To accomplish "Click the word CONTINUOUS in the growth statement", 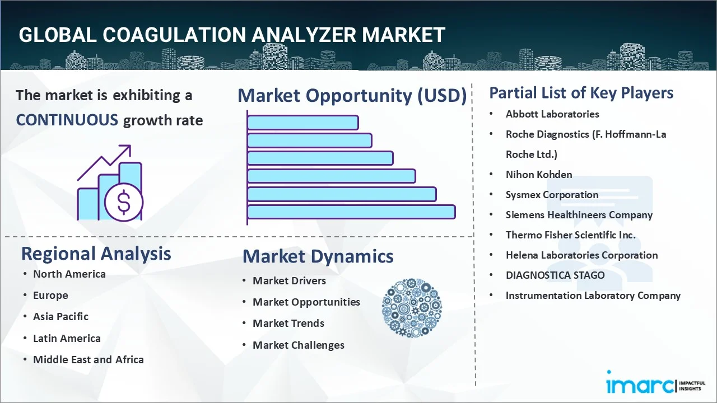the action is click(67, 120).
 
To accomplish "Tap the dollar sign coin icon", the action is click(124, 203).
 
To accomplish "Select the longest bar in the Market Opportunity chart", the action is click(351, 212).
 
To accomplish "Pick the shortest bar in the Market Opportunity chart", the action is click(303, 123).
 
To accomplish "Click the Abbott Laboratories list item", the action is click(552, 114).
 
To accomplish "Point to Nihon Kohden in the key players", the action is click(539, 175).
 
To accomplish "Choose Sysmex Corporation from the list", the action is click(552, 195).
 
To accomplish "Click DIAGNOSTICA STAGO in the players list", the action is click(555, 275).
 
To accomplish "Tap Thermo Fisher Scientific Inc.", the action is click(570, 235).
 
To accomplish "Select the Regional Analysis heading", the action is click(96, 254).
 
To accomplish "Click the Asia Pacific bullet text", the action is click(60, 317).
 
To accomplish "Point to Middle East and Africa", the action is click(89, 359).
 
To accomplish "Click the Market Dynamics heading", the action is click(318, 256).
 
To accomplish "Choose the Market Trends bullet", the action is click(288, 324).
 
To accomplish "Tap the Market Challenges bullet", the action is click(299, 345).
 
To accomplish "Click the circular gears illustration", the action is click(412, 308).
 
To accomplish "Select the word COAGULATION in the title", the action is click(174, 35).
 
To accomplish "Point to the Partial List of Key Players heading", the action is click(581, 93).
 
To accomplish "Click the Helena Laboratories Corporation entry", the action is click(581, 255).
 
